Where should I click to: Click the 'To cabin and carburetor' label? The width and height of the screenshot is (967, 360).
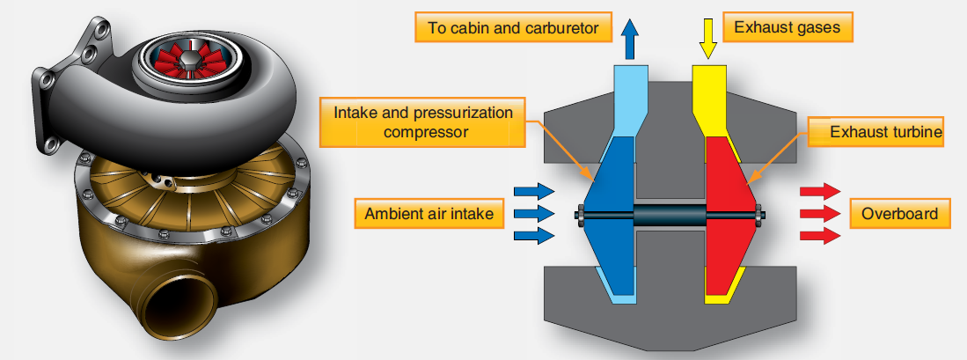pos(513,27)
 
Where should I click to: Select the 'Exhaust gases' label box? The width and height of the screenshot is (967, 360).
pos(788,27)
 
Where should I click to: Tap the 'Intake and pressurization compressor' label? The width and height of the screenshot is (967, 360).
pos(423,122)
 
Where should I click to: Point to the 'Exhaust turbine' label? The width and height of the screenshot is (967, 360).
pos(876,132)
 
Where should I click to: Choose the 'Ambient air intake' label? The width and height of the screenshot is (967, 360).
pos(429,214)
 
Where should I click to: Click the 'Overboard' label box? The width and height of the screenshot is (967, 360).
pos(900,214)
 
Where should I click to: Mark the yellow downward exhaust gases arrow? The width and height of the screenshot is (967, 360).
pos(708,39)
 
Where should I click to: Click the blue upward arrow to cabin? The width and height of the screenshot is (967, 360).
pos(630,39)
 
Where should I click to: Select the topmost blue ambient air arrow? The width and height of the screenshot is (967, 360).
pos(534,191)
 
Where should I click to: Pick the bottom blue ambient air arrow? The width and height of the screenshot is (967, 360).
pos(534,236)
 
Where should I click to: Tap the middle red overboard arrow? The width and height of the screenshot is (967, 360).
pos(820,214)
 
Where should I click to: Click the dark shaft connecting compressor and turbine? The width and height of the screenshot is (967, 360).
pos(670,215)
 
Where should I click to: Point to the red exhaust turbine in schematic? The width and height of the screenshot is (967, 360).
pos(731,216)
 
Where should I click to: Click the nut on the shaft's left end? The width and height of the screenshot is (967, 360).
pos(581,215)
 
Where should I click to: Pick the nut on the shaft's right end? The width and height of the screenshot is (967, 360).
pos(758,215)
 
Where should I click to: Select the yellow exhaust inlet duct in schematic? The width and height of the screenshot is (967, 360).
pos(709,99)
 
